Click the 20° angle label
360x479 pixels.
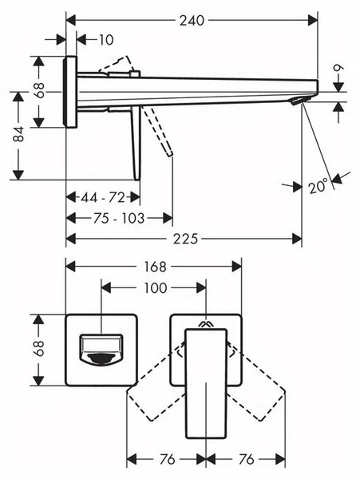pos(318,186)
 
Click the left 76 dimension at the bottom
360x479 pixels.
pos(166,461)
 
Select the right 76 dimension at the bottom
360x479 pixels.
pos(246,461)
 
